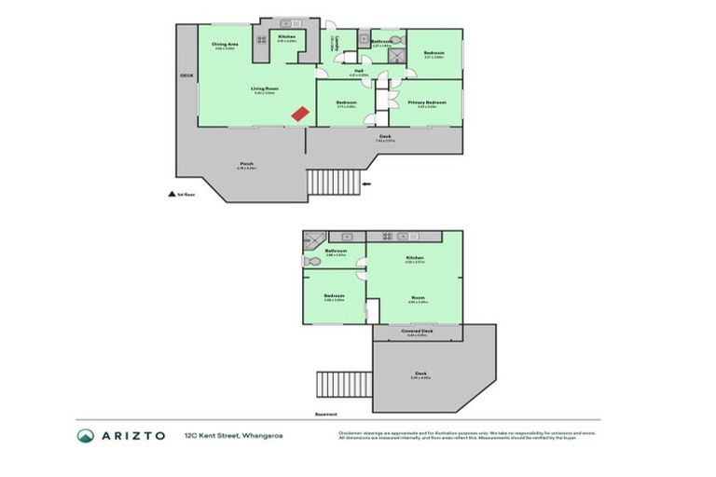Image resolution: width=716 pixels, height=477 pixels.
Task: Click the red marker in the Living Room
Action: tap(299, 113)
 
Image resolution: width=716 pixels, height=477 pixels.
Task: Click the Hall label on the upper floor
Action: tap(358, 70)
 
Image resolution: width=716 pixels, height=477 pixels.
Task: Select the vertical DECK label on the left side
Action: tap(185, 77)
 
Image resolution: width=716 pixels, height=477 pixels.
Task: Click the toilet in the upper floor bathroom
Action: tap(394, 41)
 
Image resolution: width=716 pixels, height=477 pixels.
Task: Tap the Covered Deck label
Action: tap(417, 331)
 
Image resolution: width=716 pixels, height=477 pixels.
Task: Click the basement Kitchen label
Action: tap(415, 257)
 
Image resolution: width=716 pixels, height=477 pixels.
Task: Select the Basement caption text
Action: tap(325, 414)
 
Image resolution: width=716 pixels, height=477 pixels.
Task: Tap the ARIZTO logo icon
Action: tap(85, 435)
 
